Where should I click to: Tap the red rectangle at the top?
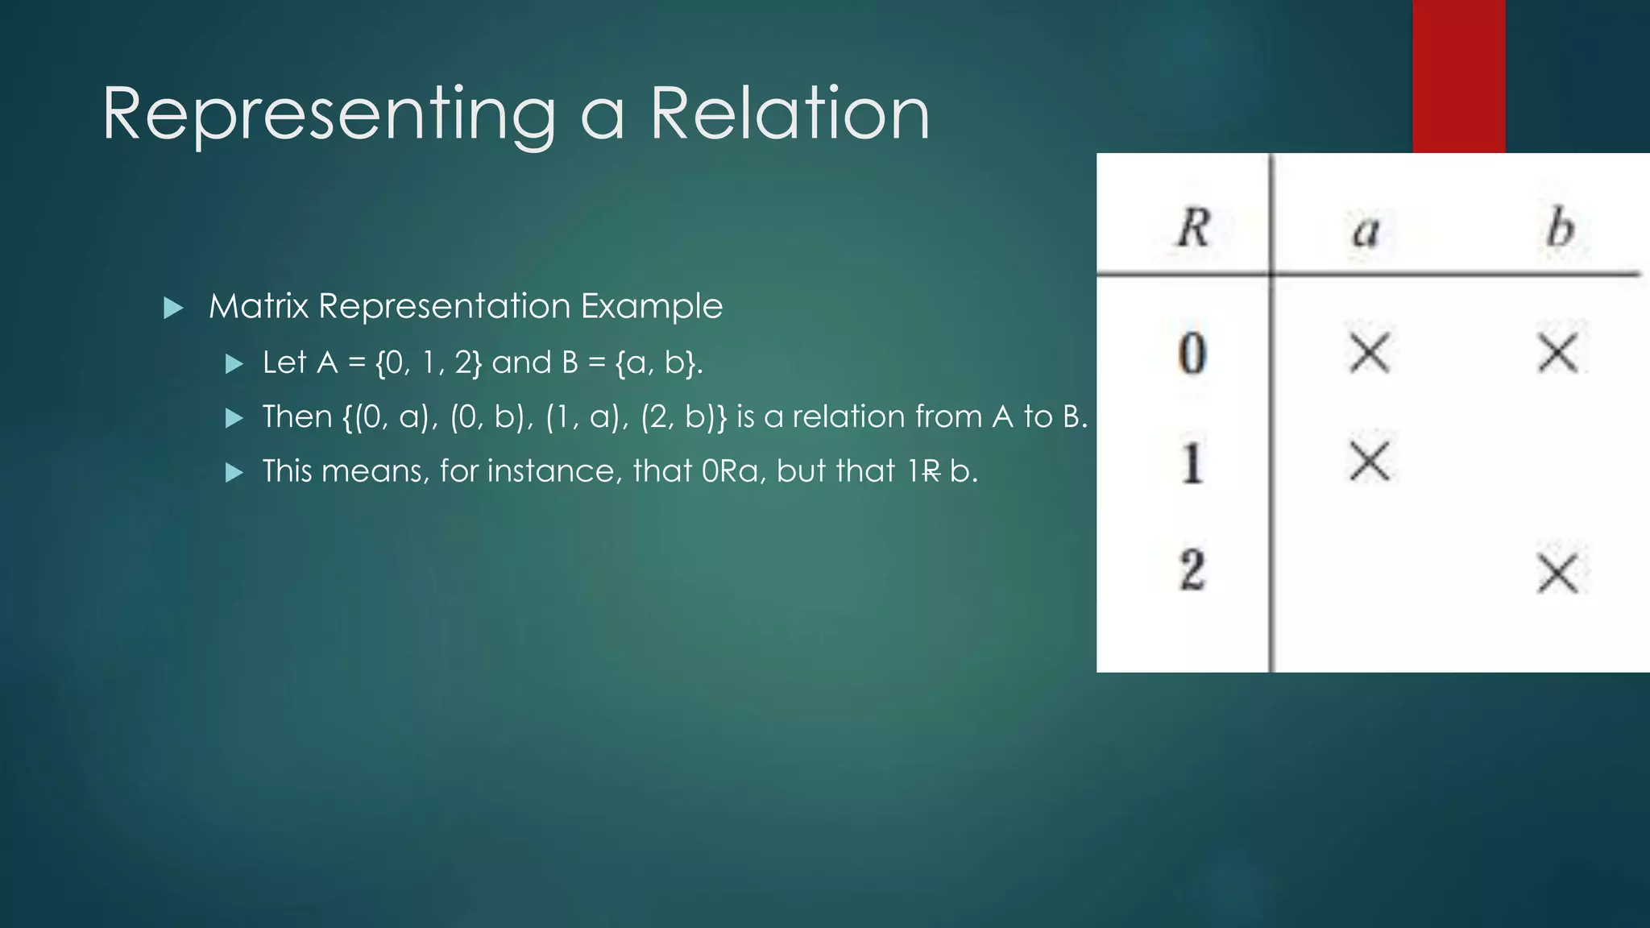[x=1458, y=76]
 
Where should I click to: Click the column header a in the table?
[x=1366, y=232]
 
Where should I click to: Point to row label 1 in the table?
[x=1192, y=463]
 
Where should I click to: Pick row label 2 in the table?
[x=1192, y=570]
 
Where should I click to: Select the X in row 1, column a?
[x=1370, y=462]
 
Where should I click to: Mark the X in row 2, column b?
[x=1558, y=574]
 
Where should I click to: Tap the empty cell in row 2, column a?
[x=1370, y=572]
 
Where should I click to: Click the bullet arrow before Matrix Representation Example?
[x=172, y=308]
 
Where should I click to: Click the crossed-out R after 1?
[x=931, y=471]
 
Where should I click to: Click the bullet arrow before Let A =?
[x=234, y=364]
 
